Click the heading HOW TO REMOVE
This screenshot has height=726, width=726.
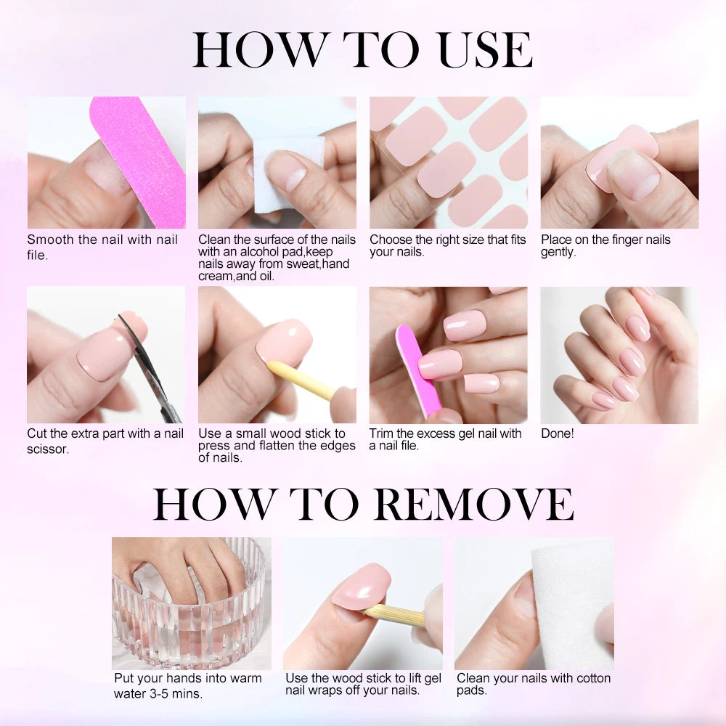pyautogui.click(x=362, y=503)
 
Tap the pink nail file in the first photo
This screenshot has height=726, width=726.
pyautogui.click(x=139, y=160)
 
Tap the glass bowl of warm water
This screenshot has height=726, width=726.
pyautogui.click(x=191, y=624)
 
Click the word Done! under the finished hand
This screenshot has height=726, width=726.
pyautogui.click(x=558, y=433)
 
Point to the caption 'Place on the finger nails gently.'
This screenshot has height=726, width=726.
pyautogui.click(x=605, y=245)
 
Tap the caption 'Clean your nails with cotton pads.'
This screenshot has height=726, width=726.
pyautogui.click(x=533, y=684)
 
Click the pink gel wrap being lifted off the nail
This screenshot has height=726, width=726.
pyautogui.click(x=361, y=587)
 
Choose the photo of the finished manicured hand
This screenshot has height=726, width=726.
pyautogui.click(x=619, y=355)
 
